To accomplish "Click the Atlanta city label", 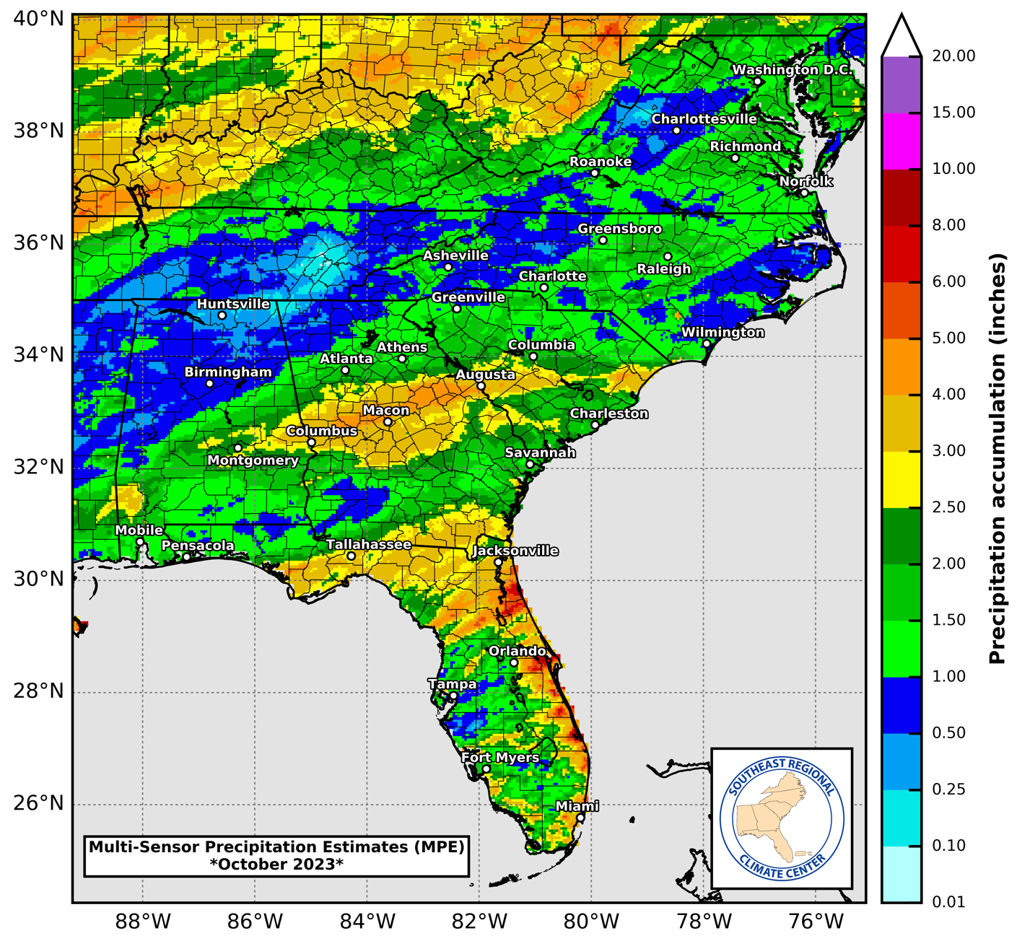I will (346, 359).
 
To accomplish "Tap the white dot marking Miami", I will (580, 818).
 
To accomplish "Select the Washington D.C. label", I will (792, 70).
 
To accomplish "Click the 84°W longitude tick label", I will (367, 922).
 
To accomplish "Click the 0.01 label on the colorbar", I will (948, 901).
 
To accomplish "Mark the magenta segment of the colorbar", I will (902, 141).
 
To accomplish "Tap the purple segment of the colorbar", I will (902, 84).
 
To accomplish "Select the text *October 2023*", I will (276, 864).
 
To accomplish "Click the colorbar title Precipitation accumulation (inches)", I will (998, 458).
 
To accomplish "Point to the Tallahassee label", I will (369, 544).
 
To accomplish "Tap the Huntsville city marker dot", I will (222, 315).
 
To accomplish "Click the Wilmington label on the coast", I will (723, 333).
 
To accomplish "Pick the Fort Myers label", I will (500, 758).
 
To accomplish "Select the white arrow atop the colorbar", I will (902, 35).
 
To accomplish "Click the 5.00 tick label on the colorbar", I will (948, 338).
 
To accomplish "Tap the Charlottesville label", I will (704, 119).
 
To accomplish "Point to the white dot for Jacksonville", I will (498, 562).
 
